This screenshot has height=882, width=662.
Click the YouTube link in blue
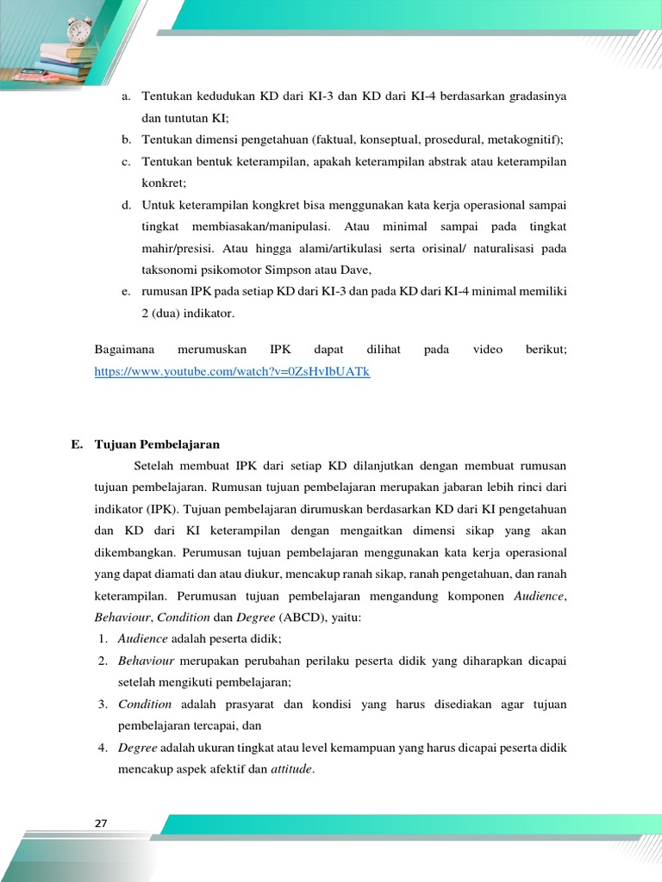click(x=232, y=371)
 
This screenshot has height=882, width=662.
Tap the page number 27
click(x=101, y=823)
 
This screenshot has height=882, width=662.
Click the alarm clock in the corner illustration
click(x=79, y=31)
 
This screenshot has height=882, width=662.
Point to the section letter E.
click(x=76, y=444)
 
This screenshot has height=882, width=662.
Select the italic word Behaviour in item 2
click(x=147, y=661)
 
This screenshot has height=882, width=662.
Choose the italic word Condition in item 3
click(x=146, y=704)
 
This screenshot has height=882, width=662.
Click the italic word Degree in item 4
click(x=137, y=747)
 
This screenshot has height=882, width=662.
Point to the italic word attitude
click(x=291, y=768)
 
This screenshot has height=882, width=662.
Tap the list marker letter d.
click(x=126, y=205)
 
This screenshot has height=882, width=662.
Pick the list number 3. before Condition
click(x=102, y=704)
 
